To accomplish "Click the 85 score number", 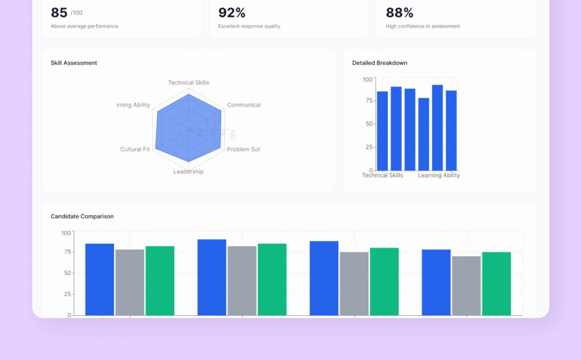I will (59, 13).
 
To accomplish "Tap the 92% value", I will (232, 13).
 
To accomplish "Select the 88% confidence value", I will (399, 13).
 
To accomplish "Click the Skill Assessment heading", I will (74, 63).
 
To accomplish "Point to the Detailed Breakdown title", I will (379, 63).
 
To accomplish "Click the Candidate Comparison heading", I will (82, 216).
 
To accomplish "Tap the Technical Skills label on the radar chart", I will (189, 83).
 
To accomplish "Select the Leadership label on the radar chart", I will (189, 172).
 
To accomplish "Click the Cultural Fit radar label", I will (135, 149).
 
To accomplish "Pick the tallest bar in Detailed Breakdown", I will (437, 128).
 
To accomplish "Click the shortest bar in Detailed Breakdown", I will (424, 135).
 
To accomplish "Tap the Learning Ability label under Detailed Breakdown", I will (439, 175).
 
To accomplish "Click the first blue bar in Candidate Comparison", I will (99, 280).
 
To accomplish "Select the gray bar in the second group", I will (242, 281).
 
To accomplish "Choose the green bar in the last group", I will (496, 284).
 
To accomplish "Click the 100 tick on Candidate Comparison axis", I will (66, 233).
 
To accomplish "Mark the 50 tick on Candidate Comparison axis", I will (67, 273).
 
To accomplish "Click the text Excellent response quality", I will (249, 26).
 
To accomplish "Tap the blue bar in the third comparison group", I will (324, 279).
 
